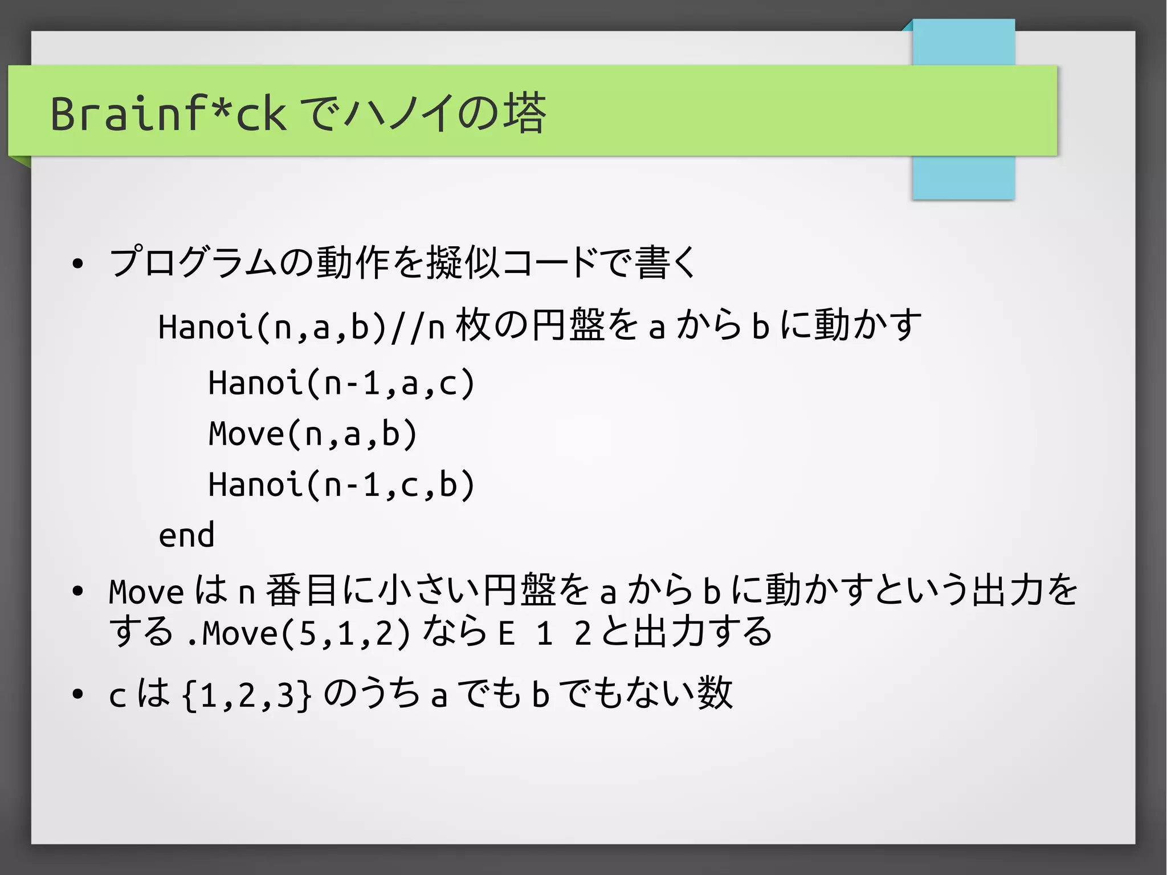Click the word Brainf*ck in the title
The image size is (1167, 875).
[168, 113]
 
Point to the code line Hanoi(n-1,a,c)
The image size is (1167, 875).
[341, 382]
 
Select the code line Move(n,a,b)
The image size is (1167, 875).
[313, 434]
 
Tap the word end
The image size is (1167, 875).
[186, 535]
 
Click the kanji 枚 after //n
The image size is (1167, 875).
[472, 325]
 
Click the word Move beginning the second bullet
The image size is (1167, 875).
[146, 592]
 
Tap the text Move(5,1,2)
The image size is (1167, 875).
[306, 633]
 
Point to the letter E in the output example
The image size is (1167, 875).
[507, 633]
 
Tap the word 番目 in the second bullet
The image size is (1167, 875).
[301, 590]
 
